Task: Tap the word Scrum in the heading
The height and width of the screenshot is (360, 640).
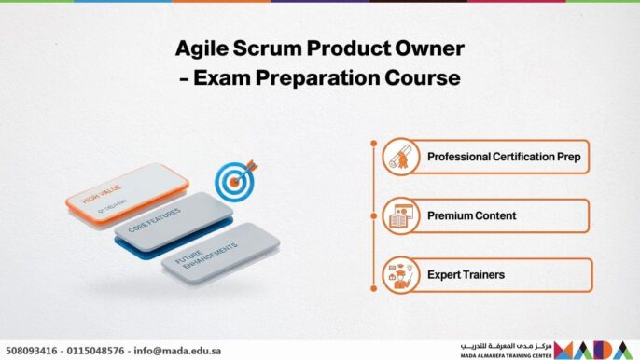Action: pyautogui.click(x=265, y=48)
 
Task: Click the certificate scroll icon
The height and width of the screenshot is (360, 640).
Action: pyautogui.click(x=398, y=157)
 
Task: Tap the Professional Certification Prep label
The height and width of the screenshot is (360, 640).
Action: pyautogui.click(x=504, y=157)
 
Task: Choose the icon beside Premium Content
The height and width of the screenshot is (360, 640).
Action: pyautogui.click(x=398, y=215)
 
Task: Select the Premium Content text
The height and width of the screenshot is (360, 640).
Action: pyautogui.click(x=471, y=215)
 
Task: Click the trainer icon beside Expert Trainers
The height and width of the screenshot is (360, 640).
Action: pyautogui.click(x=398, y=275)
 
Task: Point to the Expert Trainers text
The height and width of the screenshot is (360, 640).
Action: pyautogui.click(x=466, y=275)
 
